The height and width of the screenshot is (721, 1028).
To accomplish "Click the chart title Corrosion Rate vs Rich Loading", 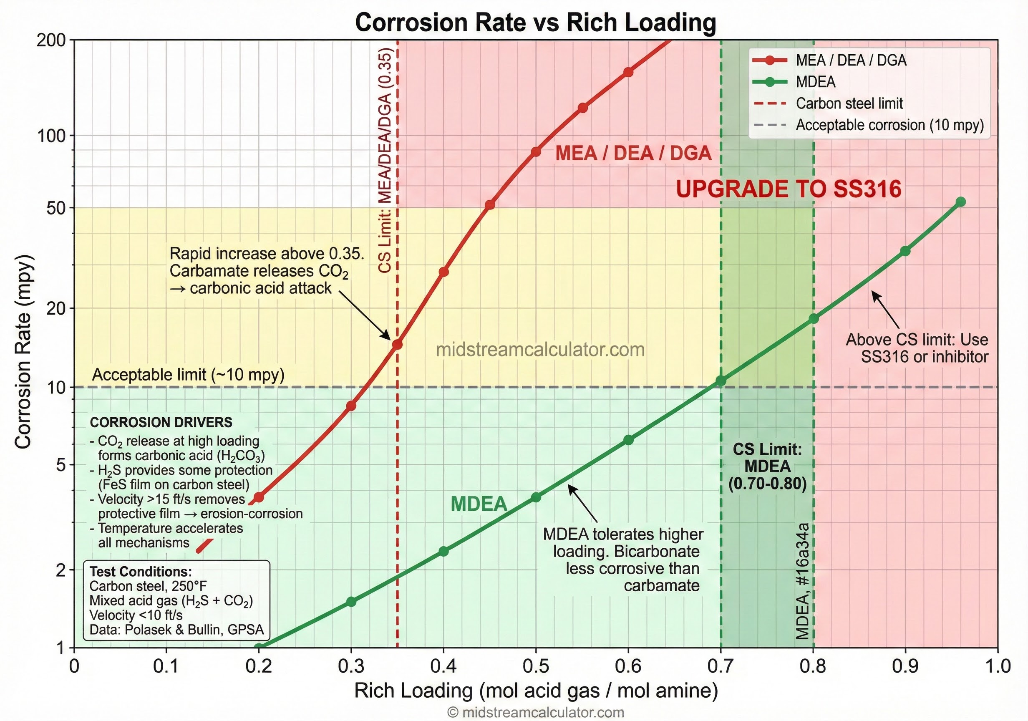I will [536, 23].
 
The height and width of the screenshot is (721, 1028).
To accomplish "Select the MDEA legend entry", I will [815, 82].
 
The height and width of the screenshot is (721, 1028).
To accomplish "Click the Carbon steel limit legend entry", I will [849, 103].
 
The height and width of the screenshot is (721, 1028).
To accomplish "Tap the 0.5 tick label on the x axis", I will [536, 666].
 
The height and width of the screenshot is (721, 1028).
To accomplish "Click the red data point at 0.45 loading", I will [490, 204].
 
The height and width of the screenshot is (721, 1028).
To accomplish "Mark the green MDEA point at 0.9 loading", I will [905, 251].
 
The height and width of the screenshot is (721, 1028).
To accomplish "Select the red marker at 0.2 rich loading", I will [259, 497].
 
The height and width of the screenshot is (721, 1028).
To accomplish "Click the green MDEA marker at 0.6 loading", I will [628, 440].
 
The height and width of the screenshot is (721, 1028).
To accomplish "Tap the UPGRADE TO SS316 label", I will [788, 189].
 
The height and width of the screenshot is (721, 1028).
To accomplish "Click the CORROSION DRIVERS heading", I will [161, 422].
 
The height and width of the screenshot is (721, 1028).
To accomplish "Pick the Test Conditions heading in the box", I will [141, 572].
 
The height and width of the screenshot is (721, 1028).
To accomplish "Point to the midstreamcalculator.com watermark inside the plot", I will [540, 350].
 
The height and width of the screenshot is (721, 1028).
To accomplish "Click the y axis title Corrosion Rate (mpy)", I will [23, 352].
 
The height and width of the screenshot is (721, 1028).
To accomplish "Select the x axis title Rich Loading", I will [536, 691].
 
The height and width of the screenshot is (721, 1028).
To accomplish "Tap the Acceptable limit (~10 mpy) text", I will [188, 374].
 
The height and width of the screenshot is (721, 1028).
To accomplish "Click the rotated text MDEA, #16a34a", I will [802, 581].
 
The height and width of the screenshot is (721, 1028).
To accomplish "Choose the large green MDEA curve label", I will [479, 504].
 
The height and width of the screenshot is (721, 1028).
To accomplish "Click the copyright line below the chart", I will [536, 713].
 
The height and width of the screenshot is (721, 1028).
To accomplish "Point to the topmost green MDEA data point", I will [960, 202].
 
